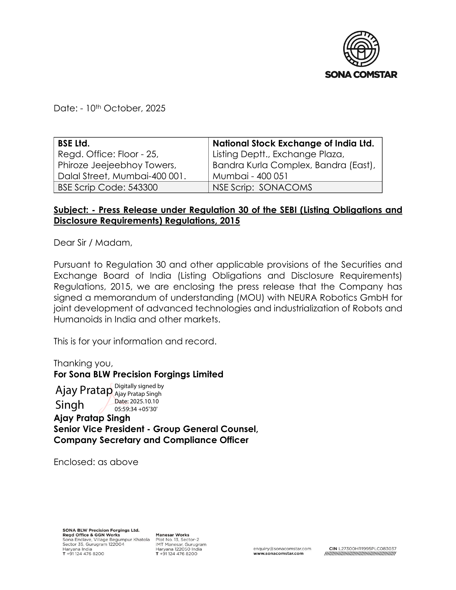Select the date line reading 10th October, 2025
pos(109,108)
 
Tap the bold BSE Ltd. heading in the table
pos(74,143)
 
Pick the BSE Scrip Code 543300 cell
pos(108,187)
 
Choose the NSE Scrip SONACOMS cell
pos(262,187)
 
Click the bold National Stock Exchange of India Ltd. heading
pos(293,143)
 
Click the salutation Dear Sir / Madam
pos(93,243)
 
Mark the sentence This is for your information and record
pos(135,341)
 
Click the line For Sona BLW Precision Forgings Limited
pos(138,374)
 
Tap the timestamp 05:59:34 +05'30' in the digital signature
pos(136,409)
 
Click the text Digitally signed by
pos(139,386)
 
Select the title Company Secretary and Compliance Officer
pos(151,440)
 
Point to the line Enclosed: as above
pos(96,462)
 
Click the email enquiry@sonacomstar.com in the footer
pos(282,549)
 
